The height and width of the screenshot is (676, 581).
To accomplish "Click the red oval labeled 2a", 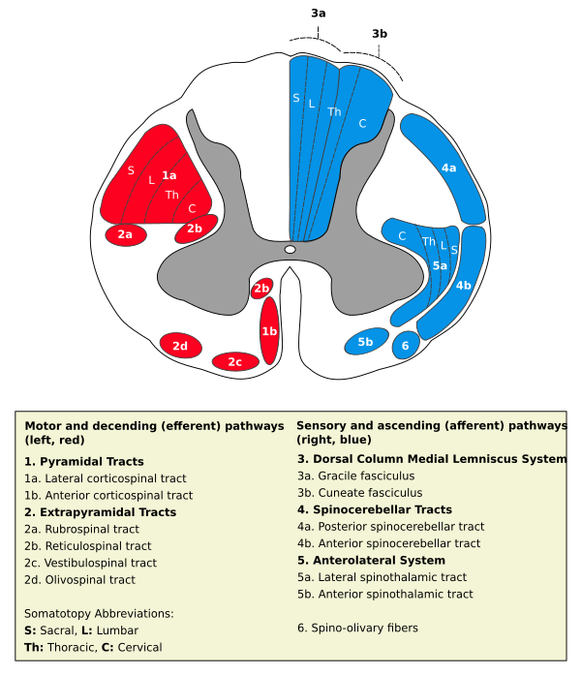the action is tap(126, 234).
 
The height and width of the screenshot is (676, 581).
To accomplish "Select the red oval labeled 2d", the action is tap(180, 346).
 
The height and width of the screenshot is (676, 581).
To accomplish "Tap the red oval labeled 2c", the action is tap(235, 361).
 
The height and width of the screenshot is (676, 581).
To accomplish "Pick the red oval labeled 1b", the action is tap(269, 330).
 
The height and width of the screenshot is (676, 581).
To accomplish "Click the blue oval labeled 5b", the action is tap(366, 342).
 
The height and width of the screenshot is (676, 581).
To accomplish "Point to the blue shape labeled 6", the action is tap(406, 345).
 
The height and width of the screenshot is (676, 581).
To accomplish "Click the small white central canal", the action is tap(290, 250).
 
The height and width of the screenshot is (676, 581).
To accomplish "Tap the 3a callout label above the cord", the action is tap(319, 14).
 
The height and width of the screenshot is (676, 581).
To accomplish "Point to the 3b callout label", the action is tap(380, 34).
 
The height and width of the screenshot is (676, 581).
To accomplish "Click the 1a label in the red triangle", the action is tap(168, 175).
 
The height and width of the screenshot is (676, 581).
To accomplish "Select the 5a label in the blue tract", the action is tap(440, 265).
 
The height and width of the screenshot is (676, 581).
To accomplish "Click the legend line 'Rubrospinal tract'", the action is tap(82, 529).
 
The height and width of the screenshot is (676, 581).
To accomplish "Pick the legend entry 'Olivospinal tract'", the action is tap(79, 580).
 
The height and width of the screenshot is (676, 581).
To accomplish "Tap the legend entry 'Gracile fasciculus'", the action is tap(356, 476).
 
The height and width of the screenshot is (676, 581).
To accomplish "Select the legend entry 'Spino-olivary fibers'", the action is tap(357, 629).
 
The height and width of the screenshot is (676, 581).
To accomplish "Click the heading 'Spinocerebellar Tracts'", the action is tap(375, 509).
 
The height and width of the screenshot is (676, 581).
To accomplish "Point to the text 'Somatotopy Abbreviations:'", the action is tap(99, 613).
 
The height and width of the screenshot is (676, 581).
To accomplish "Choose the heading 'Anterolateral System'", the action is tap(371, 561).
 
